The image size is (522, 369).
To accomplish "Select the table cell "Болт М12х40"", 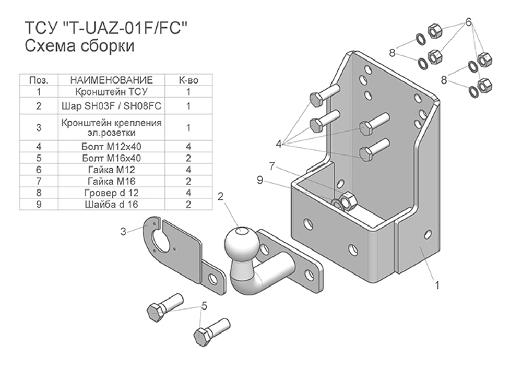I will (x=111, y=147).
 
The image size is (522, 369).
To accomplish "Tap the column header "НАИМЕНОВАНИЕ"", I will (x=111, y=80).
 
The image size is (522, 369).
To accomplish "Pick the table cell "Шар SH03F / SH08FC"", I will (x=111, y=106).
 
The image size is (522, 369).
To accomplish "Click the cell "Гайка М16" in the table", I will (x=111, y=181).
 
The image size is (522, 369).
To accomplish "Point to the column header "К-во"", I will (x=188, y=80).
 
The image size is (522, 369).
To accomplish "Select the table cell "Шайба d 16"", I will (x=111, y=204).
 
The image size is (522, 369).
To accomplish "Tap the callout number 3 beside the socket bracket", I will (x=124, y=232).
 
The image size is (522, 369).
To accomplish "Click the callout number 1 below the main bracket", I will (x=437, y=285).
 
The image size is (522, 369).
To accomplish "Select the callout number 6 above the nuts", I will (x=468, y=22).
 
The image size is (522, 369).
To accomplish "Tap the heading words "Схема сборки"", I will (x=79, y=46).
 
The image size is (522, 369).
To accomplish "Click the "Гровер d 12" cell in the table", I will (x=111, y=193).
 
